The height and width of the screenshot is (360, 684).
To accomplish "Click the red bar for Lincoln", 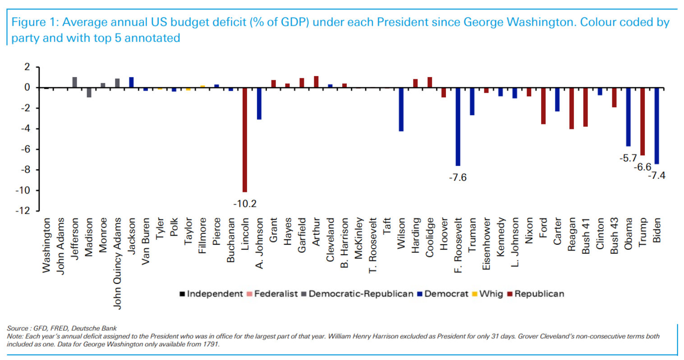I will click(245, 140).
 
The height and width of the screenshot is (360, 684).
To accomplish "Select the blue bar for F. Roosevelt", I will click(458, 127).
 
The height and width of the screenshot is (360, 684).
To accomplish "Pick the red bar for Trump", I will click(643, 121).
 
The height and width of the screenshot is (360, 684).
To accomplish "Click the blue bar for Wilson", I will click(401, 109).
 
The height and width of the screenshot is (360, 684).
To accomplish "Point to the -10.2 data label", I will click(245, 204).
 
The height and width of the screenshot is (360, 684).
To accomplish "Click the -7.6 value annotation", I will click(458, 178).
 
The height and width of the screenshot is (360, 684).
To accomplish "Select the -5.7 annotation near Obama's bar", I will click(628, 158).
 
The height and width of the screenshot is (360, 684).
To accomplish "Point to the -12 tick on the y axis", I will click(23, 211).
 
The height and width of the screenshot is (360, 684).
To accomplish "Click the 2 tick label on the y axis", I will click(27, 67).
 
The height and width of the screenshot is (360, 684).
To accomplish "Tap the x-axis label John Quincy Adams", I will click(118, 264).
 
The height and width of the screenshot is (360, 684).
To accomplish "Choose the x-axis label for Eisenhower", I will click(486, 244).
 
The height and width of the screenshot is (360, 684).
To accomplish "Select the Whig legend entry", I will click(491, 294).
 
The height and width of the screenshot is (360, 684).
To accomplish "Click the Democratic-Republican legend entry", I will click(361, 294).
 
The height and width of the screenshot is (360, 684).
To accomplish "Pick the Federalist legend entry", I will click(275, 294).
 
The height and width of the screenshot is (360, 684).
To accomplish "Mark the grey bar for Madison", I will click(89, 92).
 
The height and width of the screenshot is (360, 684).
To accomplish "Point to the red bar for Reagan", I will click(571, 108).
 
